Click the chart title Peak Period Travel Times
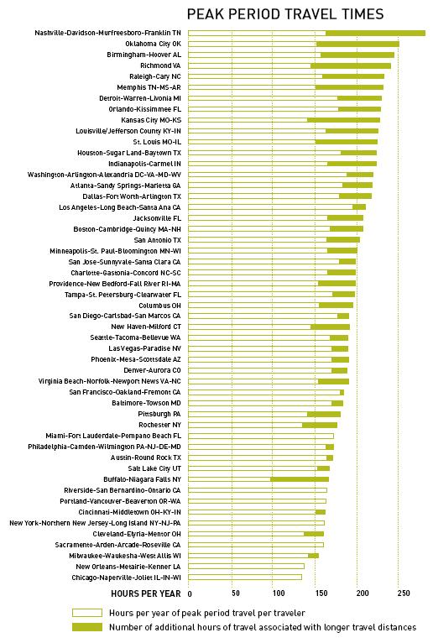(285, 14)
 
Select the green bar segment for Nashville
(376, 34)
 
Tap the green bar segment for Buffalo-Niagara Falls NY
(300, 479)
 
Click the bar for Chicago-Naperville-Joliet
(245, 578)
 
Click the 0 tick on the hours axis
(190, 593)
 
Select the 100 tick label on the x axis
(279, 593)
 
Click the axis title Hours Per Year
(145, 593)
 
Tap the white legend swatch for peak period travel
(87, 613)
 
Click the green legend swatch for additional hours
(87, 627)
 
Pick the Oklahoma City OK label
(153, 44)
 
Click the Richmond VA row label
(160, 65)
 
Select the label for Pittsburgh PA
(159, 414)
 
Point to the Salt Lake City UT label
(154, 468)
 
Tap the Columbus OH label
(159, 306)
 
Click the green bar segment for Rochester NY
(320, 425)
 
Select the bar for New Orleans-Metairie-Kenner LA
(246, 567)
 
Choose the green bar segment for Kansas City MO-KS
(343, 120)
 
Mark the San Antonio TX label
(158, 240)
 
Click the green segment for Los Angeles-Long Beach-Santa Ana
(359, 207)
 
